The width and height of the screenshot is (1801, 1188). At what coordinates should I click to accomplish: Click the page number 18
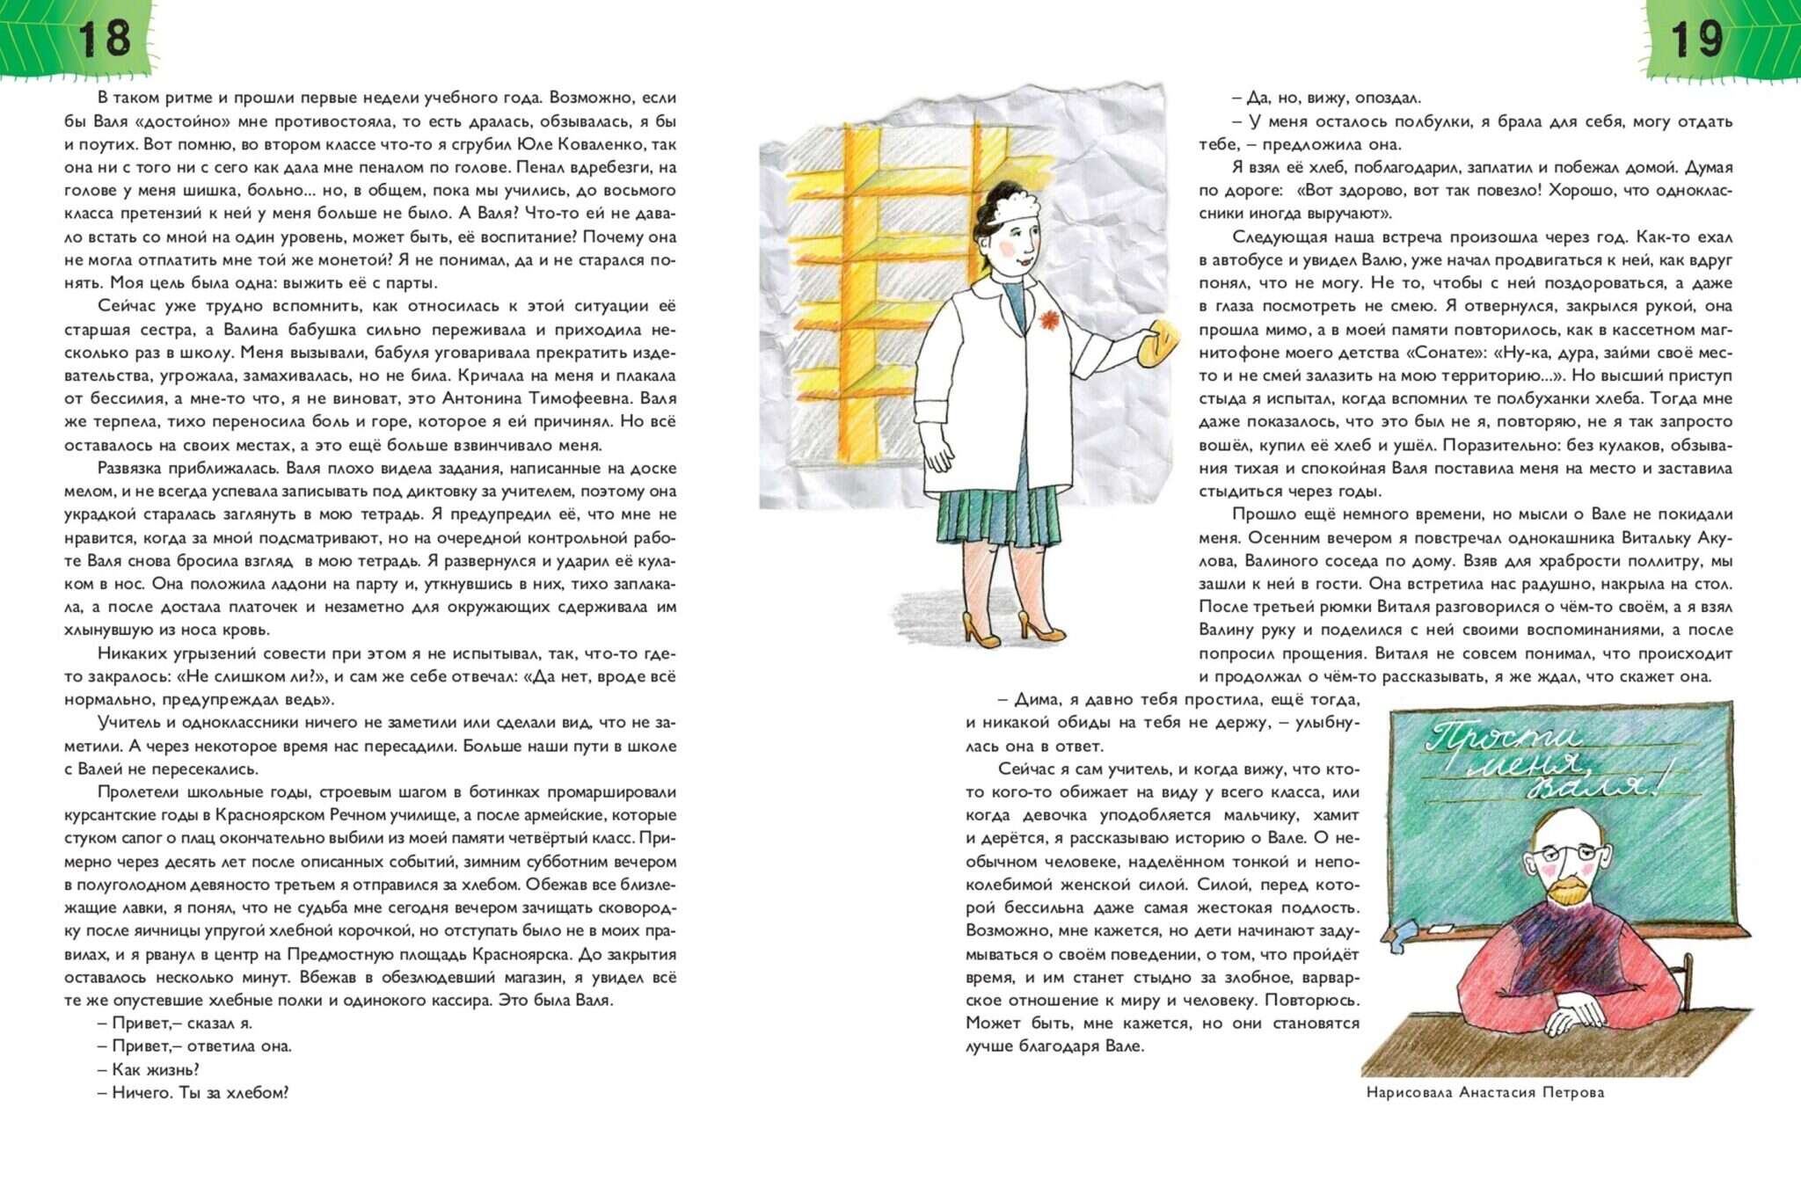[104, 39]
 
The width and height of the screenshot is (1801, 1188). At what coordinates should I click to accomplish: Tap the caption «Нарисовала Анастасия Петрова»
[1485, 1093]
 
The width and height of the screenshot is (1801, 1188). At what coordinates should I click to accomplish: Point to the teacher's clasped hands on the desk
[1574, 1020]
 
